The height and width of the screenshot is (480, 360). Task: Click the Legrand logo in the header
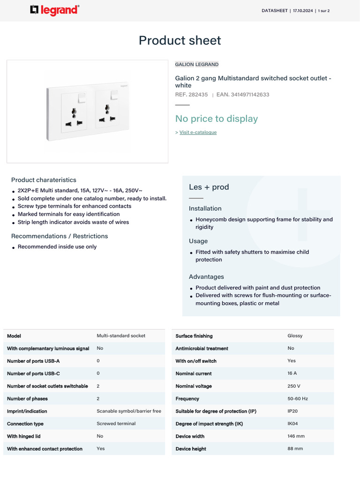pyautogui.click(x=54, y=10)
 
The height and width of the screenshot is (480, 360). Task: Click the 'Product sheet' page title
pyautogui.click(x=180, y=40)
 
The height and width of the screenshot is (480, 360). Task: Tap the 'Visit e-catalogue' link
pyautogui.click(x=198, y=133)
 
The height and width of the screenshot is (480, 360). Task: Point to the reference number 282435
pyautogui.click(x=198, y=95)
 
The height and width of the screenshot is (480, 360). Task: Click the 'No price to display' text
pyautogui.click(x=216, y=119)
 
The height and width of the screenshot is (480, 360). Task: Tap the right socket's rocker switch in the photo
pyautogui.click(x=114, y=96)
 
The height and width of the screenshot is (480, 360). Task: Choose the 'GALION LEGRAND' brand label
pyautogui.click(x=196, y=64)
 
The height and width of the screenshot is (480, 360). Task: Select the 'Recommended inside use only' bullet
pyautogui.click(x=57, y=247)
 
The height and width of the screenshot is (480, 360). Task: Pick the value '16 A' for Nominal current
pyautogui.click(x=292, y=373)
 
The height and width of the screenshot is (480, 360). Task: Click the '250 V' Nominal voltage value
pyautogui.click(x=294, y=386)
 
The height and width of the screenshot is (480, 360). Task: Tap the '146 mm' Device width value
pyautogui.click(x=296, y=436)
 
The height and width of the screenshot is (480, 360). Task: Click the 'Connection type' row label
pyautogui.click(x=25, y=424)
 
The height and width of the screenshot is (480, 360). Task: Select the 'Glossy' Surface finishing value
pyautogui.click(x=295, y=336)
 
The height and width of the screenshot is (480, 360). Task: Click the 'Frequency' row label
pyautogui.click(x=187, y=399)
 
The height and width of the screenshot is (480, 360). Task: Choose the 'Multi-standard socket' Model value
pyautogui.click(x=121, y=336)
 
